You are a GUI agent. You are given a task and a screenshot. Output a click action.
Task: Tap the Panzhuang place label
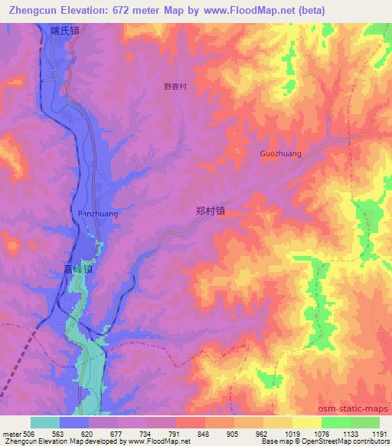(x=98, y=214)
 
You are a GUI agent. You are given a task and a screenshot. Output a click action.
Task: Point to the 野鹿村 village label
(x=175, y=87)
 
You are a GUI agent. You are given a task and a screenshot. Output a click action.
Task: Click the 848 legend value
(x=204, y=434)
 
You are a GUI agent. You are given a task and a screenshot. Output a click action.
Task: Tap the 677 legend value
(x=117, y=434)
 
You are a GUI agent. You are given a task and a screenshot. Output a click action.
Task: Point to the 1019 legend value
(x=292, y=434)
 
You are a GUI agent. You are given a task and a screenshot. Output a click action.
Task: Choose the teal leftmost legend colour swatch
(x=45, y=422)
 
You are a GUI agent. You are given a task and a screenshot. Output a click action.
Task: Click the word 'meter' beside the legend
(x=11, y=434)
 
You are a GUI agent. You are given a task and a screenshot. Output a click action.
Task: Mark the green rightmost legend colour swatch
(x=364, y=422)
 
